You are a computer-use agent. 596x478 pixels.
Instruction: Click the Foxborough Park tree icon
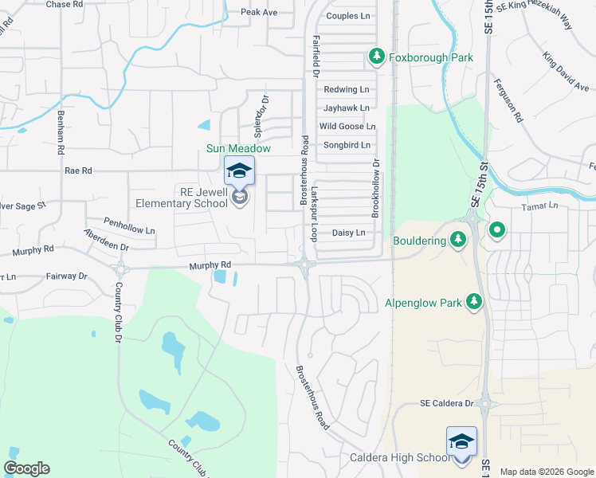377,57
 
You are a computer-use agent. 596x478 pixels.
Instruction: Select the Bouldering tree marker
458,239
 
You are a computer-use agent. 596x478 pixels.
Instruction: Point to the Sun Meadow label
238,148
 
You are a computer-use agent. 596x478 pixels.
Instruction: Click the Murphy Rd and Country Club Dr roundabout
120,268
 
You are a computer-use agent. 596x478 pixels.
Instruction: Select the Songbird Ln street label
347,145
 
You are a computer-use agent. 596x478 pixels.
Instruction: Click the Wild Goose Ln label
347,126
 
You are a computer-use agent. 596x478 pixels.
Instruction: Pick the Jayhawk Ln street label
347,108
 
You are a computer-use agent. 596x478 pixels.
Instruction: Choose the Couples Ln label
349,16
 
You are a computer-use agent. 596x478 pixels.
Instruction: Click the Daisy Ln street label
348,233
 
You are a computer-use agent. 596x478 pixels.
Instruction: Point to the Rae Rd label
78,170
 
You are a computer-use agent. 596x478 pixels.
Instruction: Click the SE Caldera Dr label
447,404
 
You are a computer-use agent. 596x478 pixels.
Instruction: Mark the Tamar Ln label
543,206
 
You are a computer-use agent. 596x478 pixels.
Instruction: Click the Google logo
27,468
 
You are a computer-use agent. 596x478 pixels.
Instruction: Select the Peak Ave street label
259,12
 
